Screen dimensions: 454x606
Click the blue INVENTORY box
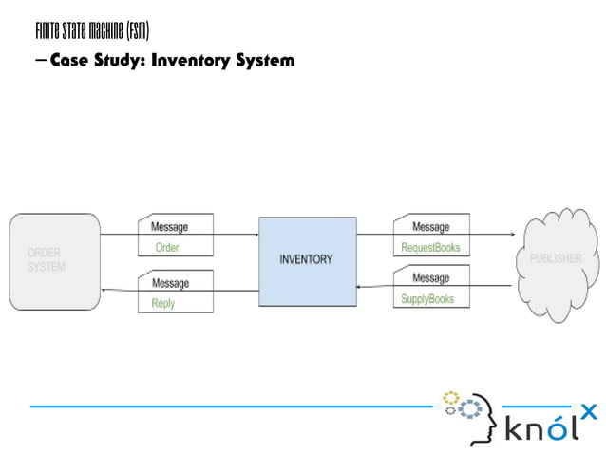tap(306, 260)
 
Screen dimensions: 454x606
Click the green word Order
tap(166, 248)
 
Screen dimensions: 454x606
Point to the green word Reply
tap(163, 304)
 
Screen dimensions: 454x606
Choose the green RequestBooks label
tap(430, 248)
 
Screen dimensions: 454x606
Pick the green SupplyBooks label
tap(427, 299)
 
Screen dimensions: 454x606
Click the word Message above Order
tap(170, 227)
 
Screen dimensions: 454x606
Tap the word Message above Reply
tap(170, 283)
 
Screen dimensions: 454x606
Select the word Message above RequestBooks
tap(430, 227)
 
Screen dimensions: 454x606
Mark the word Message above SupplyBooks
tap(430, 278)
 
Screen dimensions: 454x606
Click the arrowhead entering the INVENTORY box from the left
tap(255, 235)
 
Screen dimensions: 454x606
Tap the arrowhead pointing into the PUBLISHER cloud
tap(516, 235)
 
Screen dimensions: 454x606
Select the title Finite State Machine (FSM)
tap(91, 31)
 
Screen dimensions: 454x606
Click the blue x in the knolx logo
tap(589, 411)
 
